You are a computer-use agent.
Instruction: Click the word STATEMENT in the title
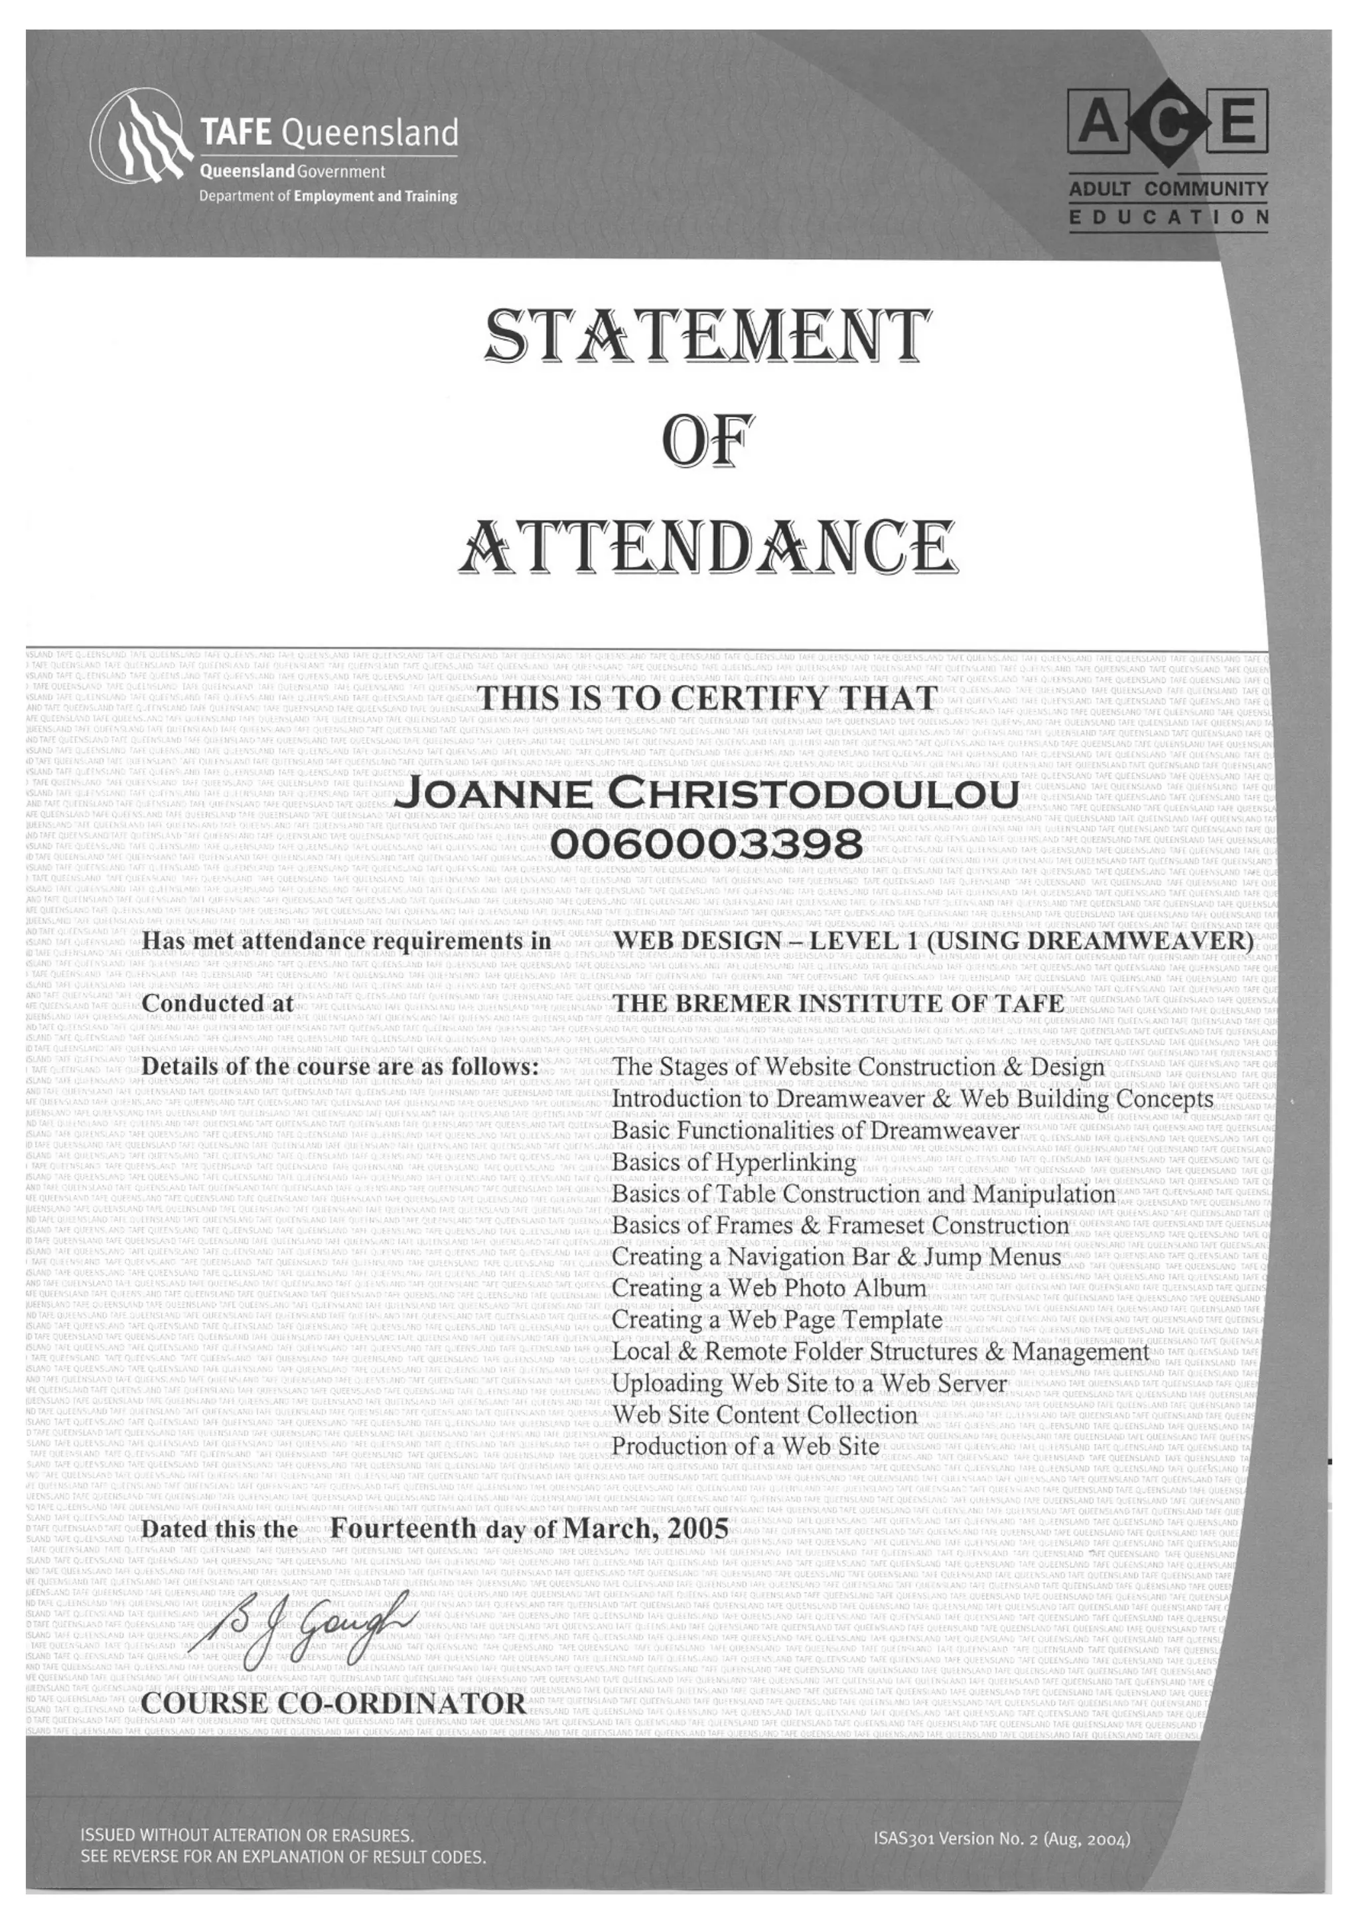tap(707, 336)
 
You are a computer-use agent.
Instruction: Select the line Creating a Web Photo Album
tap(768, 1288)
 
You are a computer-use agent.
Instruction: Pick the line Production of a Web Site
tap(746, 1447)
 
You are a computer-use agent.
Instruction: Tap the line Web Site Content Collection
tap(764, 1415)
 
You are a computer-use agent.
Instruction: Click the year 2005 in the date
tap(697, 1529)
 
